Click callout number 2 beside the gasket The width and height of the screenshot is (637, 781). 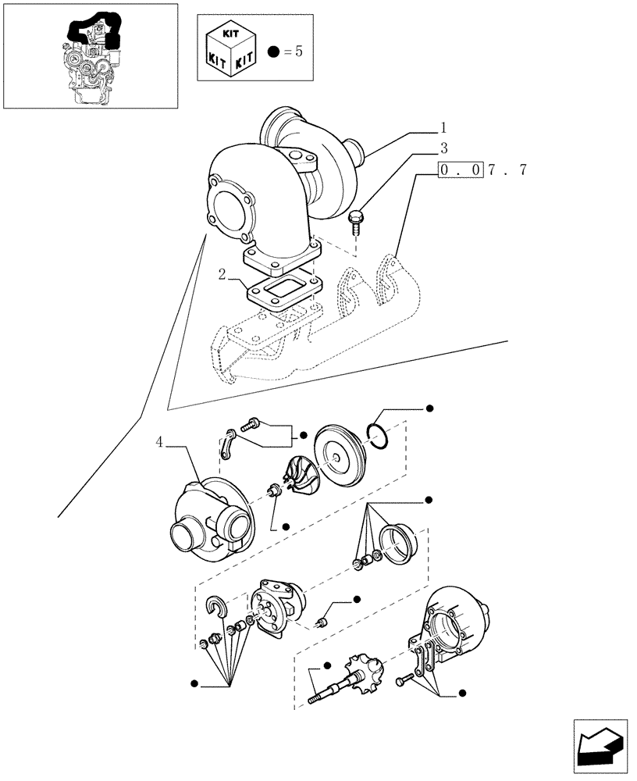coord(222,275)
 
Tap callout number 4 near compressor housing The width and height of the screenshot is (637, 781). coord(159,442)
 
